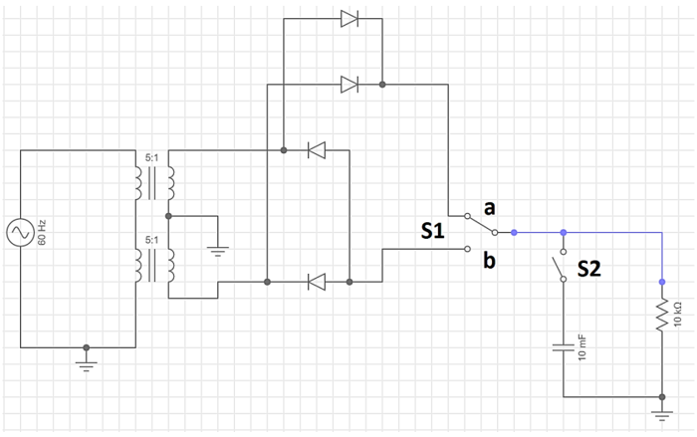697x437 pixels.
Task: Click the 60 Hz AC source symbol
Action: coord(20,233)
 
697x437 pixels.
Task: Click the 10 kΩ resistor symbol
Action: coord(661,317)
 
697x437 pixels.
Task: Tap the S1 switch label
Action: coord(432,232)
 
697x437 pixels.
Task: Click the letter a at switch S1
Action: coord(489,208)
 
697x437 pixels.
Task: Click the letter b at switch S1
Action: coord(489,261)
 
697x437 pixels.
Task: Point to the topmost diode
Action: coord(348,18)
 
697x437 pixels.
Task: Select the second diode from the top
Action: coord(348,85)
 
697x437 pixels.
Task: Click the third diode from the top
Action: coord(317,150)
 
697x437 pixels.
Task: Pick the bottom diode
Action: coord(317,282)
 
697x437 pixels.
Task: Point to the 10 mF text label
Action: coord(582,347)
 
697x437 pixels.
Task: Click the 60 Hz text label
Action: coord(43,233)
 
